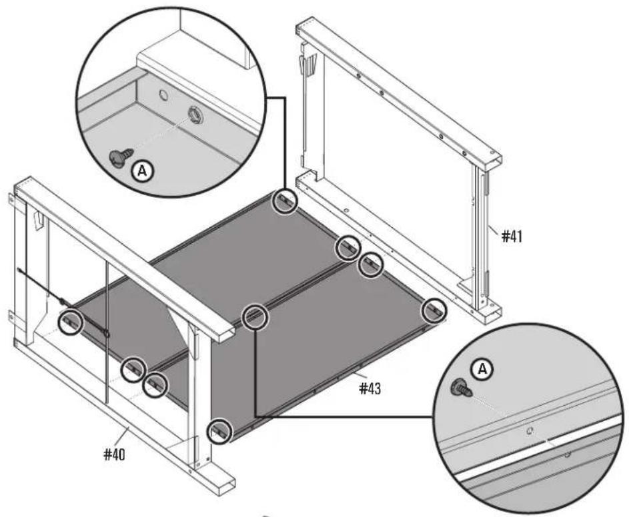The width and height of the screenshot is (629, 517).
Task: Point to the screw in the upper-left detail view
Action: point(119,157)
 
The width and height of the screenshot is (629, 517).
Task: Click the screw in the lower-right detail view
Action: point(461,386)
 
